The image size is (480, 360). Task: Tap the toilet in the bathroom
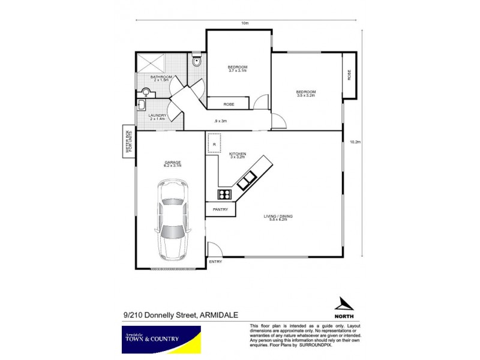[x=196, y=61]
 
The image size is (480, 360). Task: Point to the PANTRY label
[x=220, y=209]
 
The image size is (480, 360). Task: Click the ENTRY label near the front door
[x=215, y=262]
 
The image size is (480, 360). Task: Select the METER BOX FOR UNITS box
[x=128, y=142]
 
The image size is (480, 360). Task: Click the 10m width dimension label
[x=245, y=23]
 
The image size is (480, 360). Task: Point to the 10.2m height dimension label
[x=355, y=142]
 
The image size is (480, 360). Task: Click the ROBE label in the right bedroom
[x=349, y=76]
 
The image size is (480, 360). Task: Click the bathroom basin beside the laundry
[x=145, y=92]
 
